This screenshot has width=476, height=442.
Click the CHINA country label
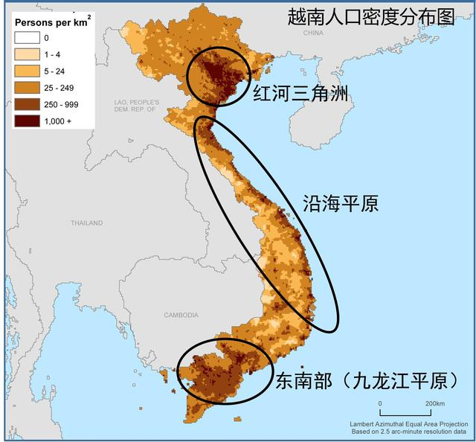coord(313,33)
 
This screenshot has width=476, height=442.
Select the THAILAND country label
coord(86,223)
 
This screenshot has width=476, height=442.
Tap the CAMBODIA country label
coord(181,315)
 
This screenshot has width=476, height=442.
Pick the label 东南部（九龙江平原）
coord(366,381)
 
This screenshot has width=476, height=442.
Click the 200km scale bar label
coord(435,404)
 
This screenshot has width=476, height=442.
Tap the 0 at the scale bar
coord(380,404)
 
